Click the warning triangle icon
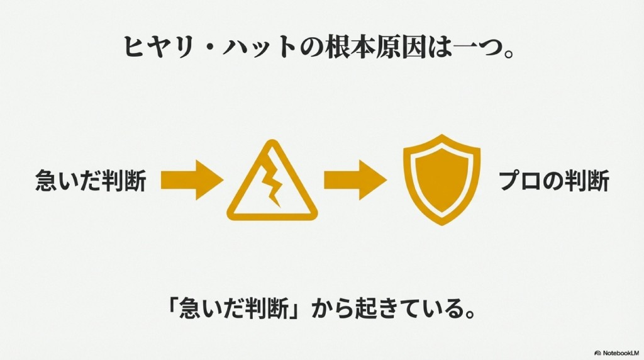272,183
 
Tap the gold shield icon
441,179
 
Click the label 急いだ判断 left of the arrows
91,183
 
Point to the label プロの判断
553,183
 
